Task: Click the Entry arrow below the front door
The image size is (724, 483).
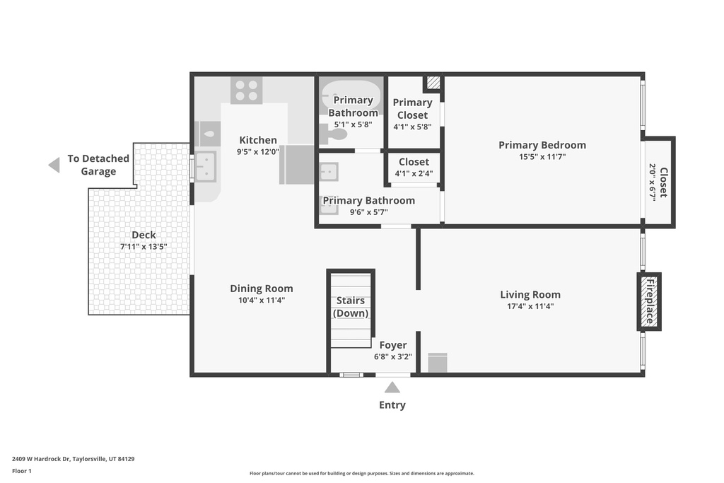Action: tap(392, 387)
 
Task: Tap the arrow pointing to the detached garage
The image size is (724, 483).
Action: tap(54, 165)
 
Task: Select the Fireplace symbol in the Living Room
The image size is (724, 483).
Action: tap(649, 301)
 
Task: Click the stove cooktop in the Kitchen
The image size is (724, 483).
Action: tap(247, 90)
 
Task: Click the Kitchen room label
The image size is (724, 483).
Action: tap(258, 140)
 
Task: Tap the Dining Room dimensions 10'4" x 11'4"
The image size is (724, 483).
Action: tap(262, 300)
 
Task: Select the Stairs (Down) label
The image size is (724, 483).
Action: tap(351, 307)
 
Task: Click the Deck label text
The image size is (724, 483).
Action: tap(144, 235)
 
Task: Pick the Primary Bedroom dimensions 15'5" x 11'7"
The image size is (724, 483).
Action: tap(542, 156)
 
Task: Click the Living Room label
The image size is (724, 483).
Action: tap(530, 294)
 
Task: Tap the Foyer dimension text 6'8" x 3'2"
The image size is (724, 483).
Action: tap(393, 356)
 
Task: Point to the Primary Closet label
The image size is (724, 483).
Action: tap(412, 108)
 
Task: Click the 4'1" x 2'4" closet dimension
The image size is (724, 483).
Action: tap(414, 174)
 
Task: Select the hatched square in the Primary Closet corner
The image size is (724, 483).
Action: tap(433, 83)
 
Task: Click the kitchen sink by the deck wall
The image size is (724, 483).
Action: tap(206, 166)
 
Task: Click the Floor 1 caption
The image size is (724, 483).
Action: tap(22, 471)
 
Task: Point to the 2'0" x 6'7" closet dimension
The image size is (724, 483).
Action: tap(653, 183)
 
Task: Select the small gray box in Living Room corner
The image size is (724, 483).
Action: tap(437, 363)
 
